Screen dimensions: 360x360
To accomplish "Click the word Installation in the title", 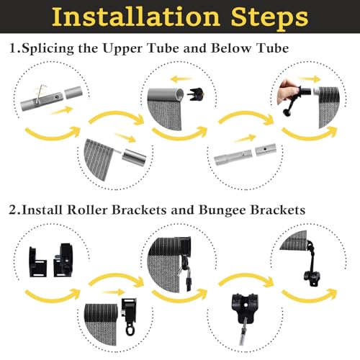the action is click(136, 17).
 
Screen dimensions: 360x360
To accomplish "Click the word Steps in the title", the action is click(269, 19).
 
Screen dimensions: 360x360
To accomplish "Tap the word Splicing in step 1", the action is click(48, 48).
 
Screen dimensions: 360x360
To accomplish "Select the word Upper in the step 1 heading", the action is click(122, 49).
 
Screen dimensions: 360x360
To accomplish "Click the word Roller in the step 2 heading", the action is click(87, 210).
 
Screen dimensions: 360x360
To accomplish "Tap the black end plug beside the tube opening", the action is click(197, 94).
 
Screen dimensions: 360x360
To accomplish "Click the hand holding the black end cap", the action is click(286, 92).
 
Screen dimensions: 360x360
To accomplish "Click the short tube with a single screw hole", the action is click(266, 149).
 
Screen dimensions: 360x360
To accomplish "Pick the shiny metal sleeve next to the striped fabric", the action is click(134, 156).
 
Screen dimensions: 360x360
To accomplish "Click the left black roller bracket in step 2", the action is click(37, 261).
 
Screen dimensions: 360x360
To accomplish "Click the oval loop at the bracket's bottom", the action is click(130, 330).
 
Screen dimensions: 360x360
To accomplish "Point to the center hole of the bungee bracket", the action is click(246, 305).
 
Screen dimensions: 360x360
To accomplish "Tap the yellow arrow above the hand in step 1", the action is click(310, 78).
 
